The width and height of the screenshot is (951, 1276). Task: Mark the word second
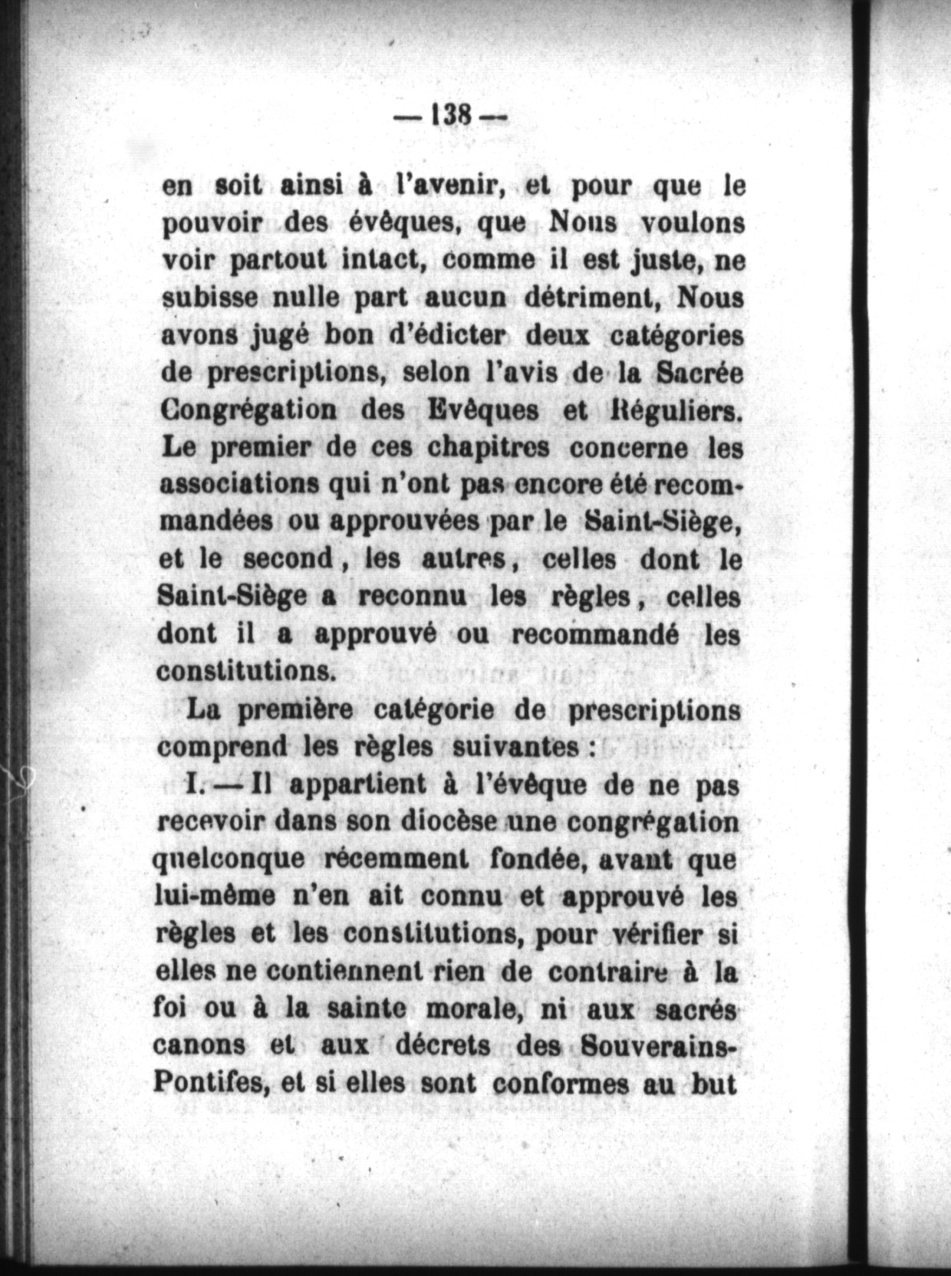[288, 559]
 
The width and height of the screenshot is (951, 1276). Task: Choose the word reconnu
[404, 597]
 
